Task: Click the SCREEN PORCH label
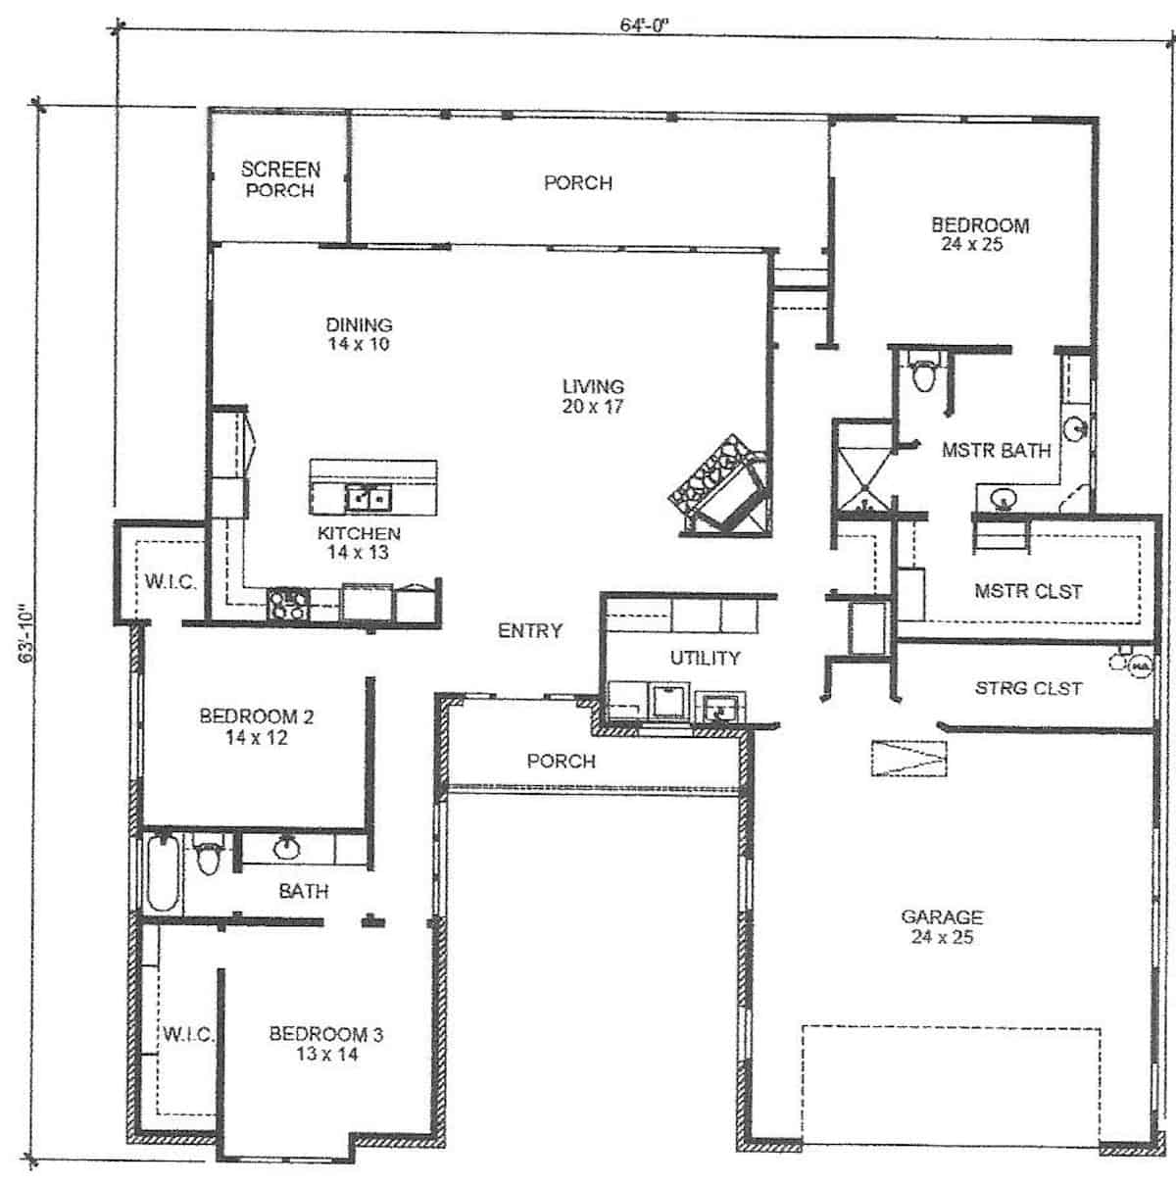point(280,179)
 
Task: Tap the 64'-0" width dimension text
point(643,26)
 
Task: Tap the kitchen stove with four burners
point(287,603)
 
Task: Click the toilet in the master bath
point(923,374)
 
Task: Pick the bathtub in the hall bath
point(163,871)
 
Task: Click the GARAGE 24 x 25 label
point(942,926)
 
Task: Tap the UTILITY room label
point(705,658)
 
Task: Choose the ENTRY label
point(529,631)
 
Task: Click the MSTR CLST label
point(1028,591)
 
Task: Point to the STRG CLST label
point(1028,688)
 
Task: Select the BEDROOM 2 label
point(256,726)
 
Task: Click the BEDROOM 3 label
point(326,1043)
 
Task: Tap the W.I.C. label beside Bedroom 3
point(186,1034)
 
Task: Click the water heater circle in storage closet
point(1139,667)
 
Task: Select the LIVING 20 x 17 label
point(593,396)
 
